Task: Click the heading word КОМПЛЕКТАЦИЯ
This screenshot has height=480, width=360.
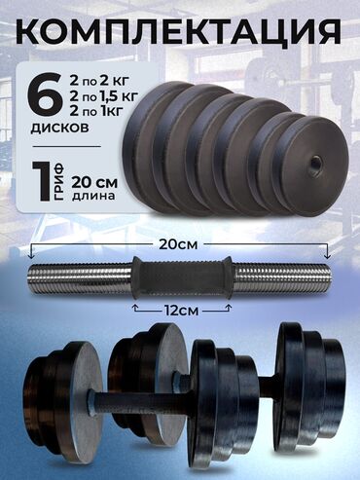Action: click(180, 31)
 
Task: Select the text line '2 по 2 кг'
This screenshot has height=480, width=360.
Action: click(98, 81)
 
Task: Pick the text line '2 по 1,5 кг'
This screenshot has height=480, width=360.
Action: click(103, 96)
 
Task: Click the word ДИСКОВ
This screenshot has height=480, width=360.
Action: click(59, 128)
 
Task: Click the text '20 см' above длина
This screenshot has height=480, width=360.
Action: click(94, 183)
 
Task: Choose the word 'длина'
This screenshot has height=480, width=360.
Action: click(93, 197)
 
